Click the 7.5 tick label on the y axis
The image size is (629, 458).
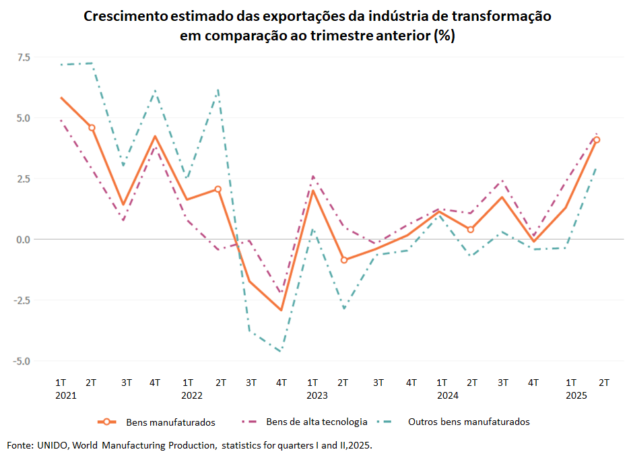point(24,57)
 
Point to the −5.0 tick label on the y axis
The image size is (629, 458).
point(21,361)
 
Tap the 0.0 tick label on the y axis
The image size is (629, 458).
point(24,240)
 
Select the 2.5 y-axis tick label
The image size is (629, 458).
point(24,178)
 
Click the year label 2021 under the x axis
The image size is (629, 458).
point(66,395)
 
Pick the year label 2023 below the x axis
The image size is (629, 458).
point(317,395)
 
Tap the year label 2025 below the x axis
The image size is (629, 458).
point(576,395)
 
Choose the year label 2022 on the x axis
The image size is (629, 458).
point(192,395)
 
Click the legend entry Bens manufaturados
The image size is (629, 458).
point(170,422)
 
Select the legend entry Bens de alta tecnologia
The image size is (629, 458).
point(317,422)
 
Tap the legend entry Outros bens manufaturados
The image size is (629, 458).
point(469,422)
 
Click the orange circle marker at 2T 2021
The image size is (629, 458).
point(92,127)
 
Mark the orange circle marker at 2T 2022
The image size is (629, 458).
point(218,189)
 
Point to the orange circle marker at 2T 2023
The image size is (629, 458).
point(344,260)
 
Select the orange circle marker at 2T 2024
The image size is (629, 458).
point(471,230)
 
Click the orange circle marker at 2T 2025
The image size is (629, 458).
point(597,140)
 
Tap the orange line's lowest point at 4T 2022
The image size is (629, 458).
point(282,310)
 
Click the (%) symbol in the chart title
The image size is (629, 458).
point(444,36)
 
